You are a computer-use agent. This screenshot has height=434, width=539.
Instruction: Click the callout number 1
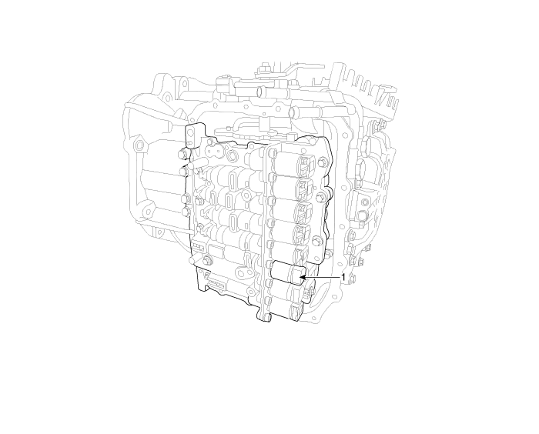click(343, 277)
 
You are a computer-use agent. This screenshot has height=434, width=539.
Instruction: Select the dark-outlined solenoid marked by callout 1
click(288, 272)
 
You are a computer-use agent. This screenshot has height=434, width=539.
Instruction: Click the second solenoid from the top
click(292, 187)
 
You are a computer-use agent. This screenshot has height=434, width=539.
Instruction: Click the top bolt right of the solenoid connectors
click(322, 161)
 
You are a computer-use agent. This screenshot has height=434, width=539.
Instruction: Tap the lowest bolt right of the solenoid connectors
click(317, 240)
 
